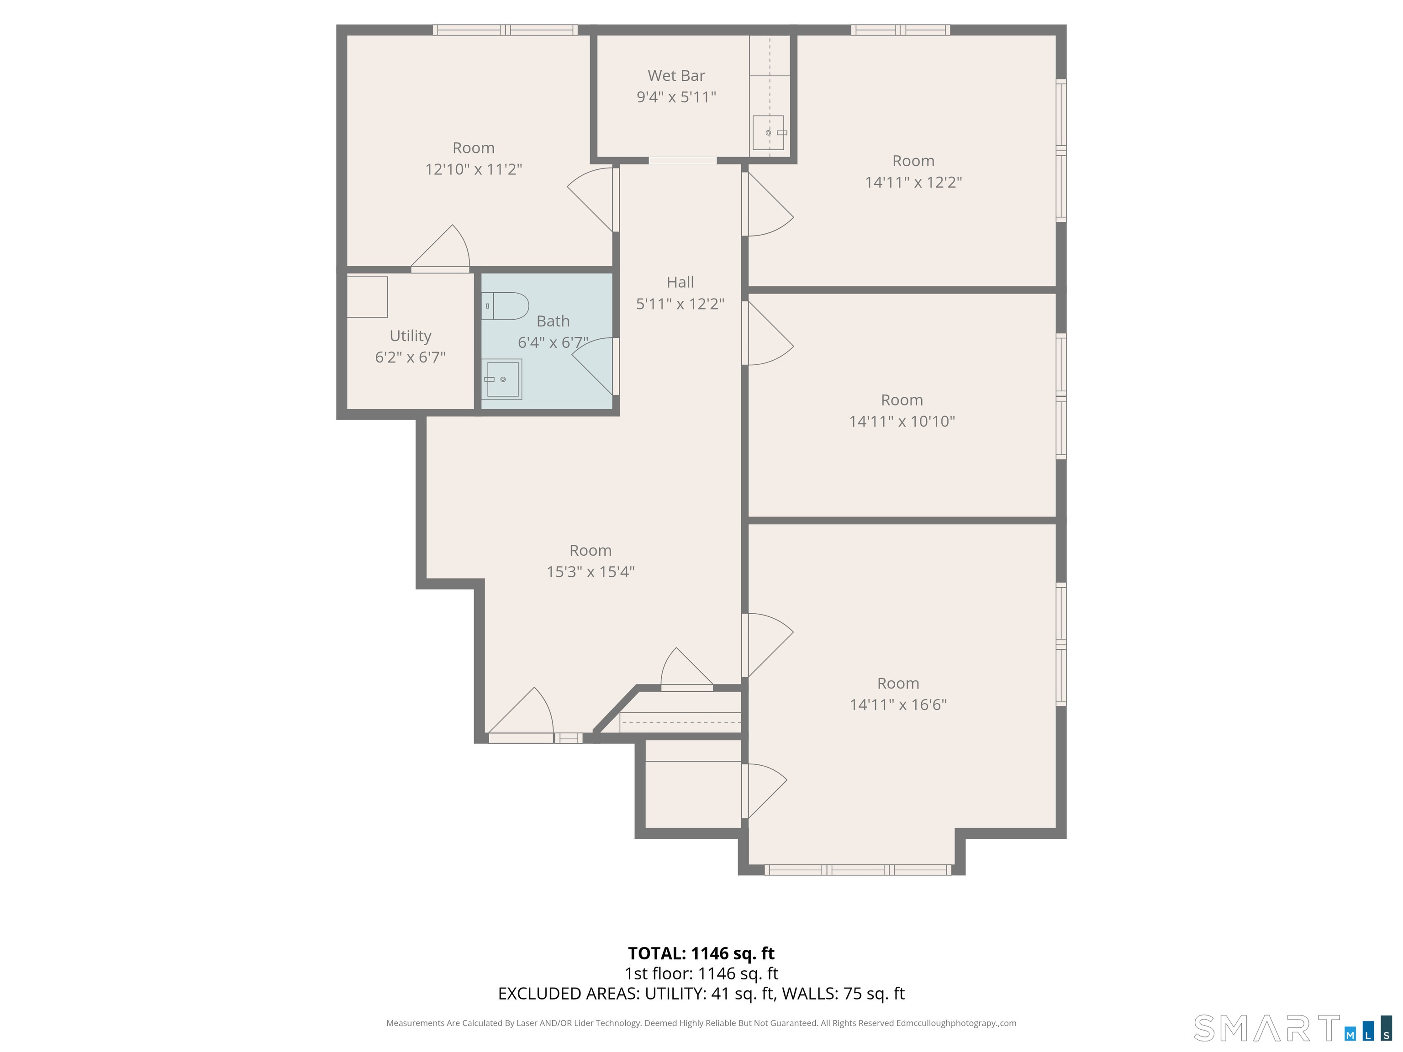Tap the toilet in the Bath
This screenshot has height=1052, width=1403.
pos(507,305)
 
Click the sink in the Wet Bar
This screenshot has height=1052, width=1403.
pos(768,132)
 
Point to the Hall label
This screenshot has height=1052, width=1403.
pos(680,282)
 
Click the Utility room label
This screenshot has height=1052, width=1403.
pos(411,336)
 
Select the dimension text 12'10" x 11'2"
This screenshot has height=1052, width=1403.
pos(473,169)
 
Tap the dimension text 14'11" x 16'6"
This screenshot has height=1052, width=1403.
pos(898,705)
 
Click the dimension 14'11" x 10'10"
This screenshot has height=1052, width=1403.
pos(902,421)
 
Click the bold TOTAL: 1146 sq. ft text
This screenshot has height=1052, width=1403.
pos(701,953)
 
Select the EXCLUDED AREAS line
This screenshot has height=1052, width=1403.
pos(701,994)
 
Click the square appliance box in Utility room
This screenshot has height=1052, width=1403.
pos(367,297)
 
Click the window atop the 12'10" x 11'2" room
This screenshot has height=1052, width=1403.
pos(505,30)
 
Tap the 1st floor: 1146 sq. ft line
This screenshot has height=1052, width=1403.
pos(701,973)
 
